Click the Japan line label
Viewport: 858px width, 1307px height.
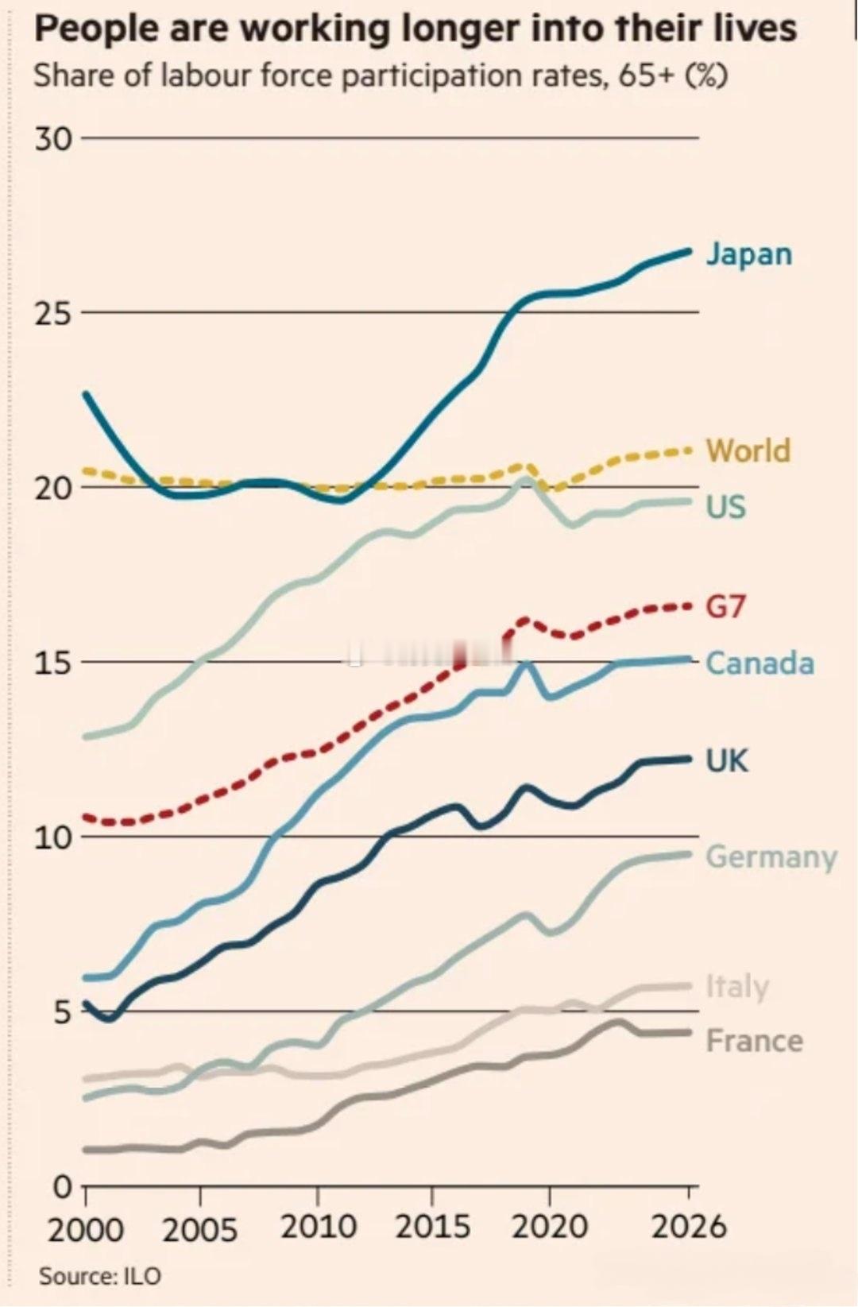(x=749, y=255)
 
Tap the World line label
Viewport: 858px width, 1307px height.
(x=749, y=450)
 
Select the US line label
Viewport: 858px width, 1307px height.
(x=726, y=506)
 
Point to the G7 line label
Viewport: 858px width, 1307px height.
(x=725, y=607)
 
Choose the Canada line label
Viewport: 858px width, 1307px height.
(x=760, y=663)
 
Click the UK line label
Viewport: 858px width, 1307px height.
(x=727, y=760)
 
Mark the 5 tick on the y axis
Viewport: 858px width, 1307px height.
(x=62, y=1012)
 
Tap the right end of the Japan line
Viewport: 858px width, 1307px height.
(x=689, y=251)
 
